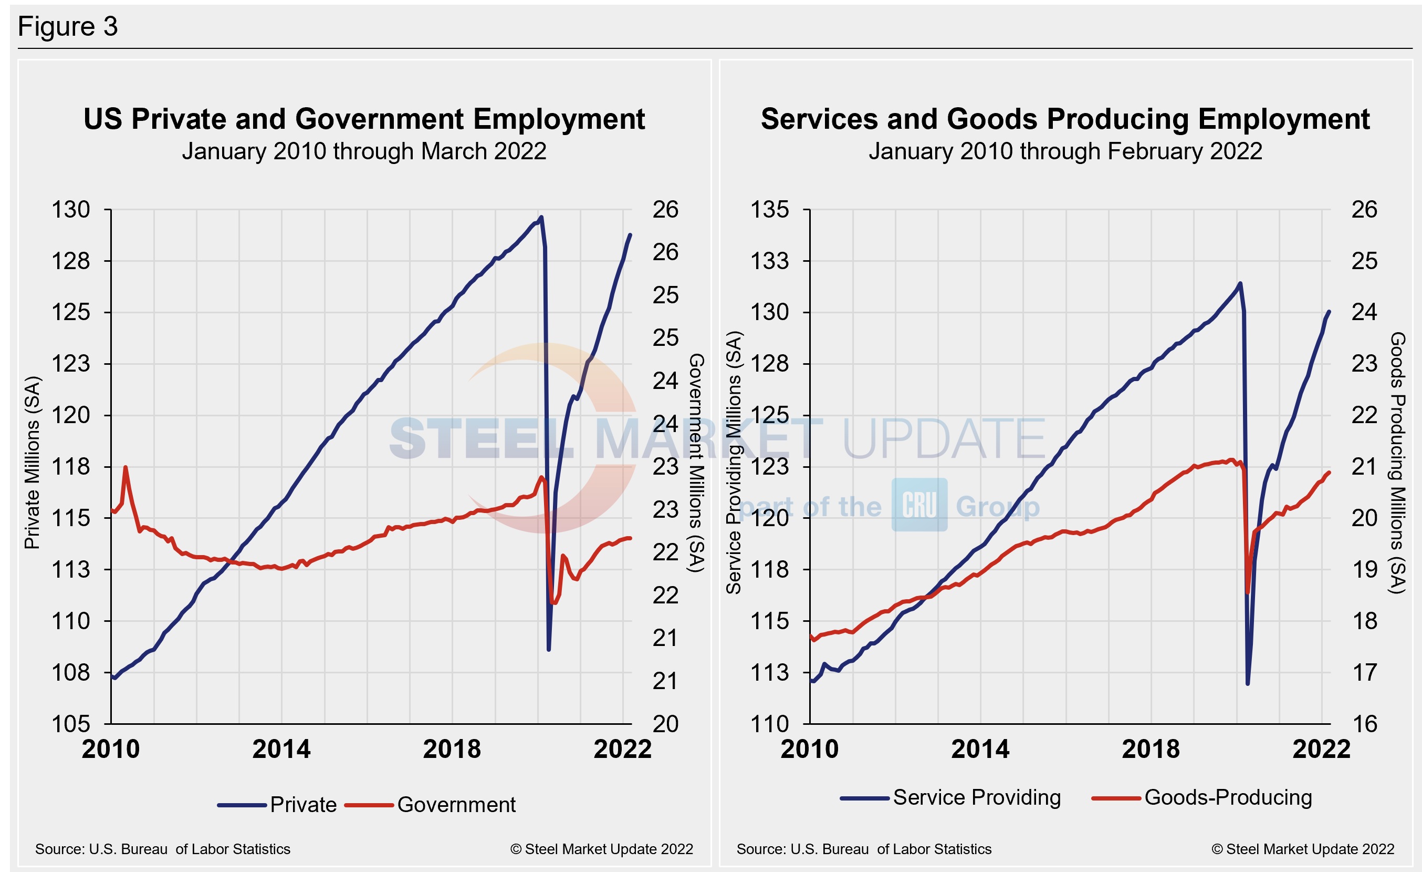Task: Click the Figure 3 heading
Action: (x=68, y=27)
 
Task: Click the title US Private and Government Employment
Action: (x=363, y=119)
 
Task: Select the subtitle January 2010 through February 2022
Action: (x=1065, y=151)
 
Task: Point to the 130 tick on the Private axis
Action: (x=71, y=210)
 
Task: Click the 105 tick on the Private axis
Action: (x=71, y=724)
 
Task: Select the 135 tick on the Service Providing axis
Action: (x=769, y=210)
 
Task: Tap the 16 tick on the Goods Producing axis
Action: (x=1364, y=724)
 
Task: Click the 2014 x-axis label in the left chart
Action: (x=281, y=749)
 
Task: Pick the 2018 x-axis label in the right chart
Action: (x=1151, y=749)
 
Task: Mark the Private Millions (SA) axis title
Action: (x=33, y=462)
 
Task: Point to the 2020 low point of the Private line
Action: (x=548, y=650)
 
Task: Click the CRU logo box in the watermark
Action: (x=919, y=505)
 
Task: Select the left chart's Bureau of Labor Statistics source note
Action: (x=163, y=849)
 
